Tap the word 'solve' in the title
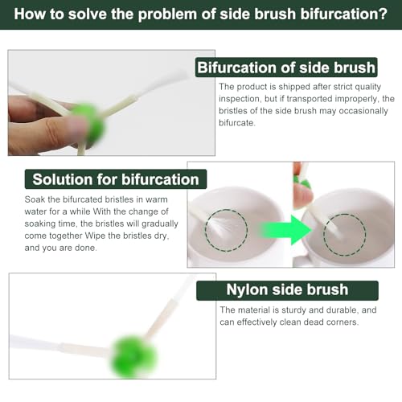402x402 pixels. [88, 14]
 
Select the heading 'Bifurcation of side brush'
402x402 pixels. [286, 68]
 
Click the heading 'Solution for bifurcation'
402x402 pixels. [116, 179]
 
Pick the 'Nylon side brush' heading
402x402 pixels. [287, 290]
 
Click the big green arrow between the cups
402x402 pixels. [286, 230]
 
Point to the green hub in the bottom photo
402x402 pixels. [133, 356]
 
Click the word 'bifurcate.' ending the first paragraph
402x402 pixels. [237, 123]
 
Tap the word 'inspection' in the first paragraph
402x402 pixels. [239, 99]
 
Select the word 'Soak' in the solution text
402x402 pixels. [35, 199]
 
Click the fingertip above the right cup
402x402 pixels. [303, 196]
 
